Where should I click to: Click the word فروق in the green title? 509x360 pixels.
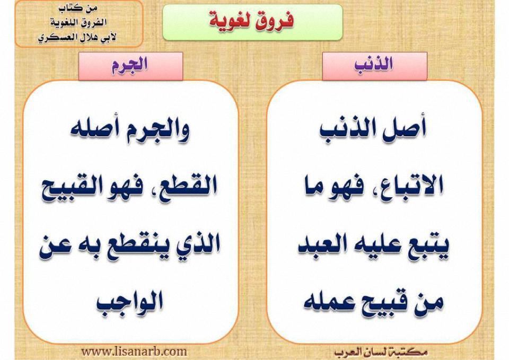(274, 20)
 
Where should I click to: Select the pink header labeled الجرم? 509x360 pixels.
(130, 66)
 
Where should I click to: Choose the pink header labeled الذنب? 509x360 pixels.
(375, 66)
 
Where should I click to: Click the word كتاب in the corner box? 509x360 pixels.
(73, 9)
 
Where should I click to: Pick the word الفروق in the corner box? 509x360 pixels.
(93, 23)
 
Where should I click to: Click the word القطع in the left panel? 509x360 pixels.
(188, 186)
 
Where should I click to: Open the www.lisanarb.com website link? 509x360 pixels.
(134, 352)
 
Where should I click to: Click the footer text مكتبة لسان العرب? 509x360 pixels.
(381, 352)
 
